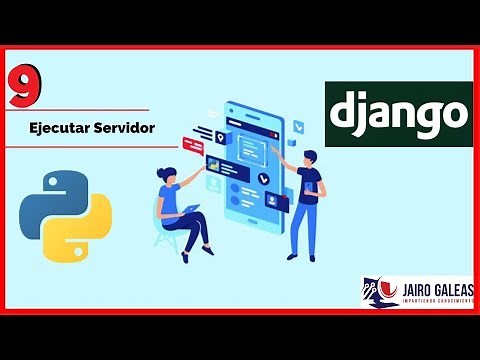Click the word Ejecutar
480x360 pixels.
pos(57,128)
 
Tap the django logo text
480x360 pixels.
pos(398,113)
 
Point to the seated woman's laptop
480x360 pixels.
pos(189,211)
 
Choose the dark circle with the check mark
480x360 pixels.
pos(263,180)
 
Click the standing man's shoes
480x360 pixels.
pos(301,256)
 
